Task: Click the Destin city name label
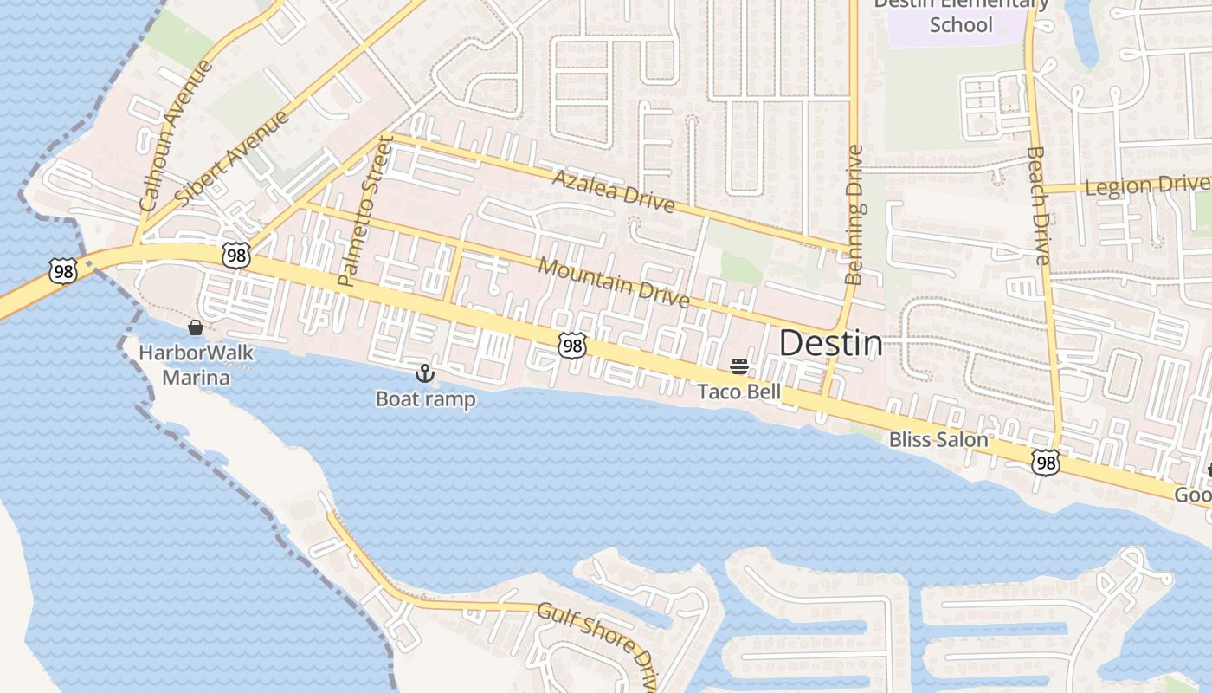tap(831, 344)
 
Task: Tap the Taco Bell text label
tap(739, 392)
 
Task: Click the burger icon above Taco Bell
tap(738, 366)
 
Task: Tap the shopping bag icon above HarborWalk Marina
tap(196, 327)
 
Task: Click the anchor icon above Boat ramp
tap(424, 373)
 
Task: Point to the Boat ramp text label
tap(424, 399)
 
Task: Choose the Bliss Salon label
tap(938, 439)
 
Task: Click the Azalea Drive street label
tap(612, 191)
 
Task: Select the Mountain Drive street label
tap(614, 282)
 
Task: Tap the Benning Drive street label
tap(854, 215)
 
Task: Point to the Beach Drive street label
tap(1038, 204)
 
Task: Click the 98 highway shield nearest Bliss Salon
tap(1046, 463)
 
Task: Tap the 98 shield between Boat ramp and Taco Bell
tap(571, 346)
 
